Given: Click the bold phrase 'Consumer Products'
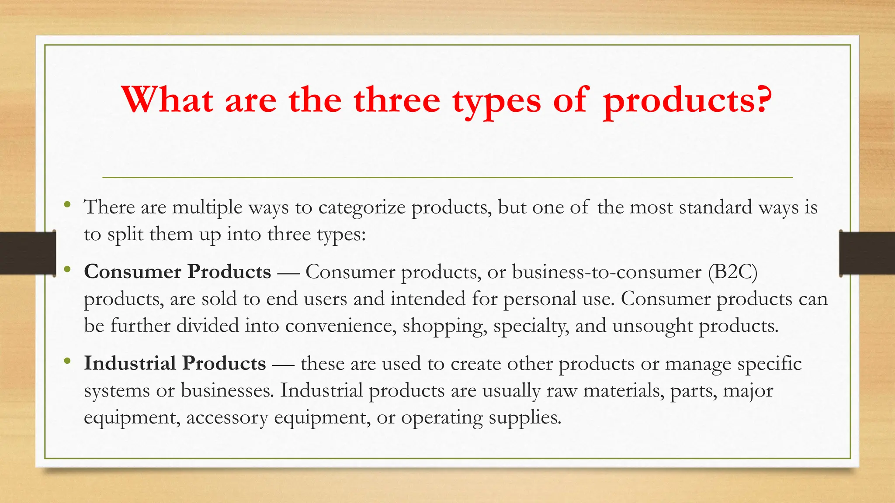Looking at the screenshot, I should pyautogui.click(x=177, y=272).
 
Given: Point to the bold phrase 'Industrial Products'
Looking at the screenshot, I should pyautogui.click(x=175, y=363).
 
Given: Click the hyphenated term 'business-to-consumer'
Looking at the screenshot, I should pyautogui.click(x=607, y=272).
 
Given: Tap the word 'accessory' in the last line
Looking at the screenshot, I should pyautogui.click(x=227, y=417).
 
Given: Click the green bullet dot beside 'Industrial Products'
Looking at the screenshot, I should pyautogui.click(x=67, y=361).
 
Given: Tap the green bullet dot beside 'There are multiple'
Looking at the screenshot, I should pyautogui.click(x=67, y=204).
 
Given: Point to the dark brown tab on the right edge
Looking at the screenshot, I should pyautogui.click(x=867, y=253).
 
